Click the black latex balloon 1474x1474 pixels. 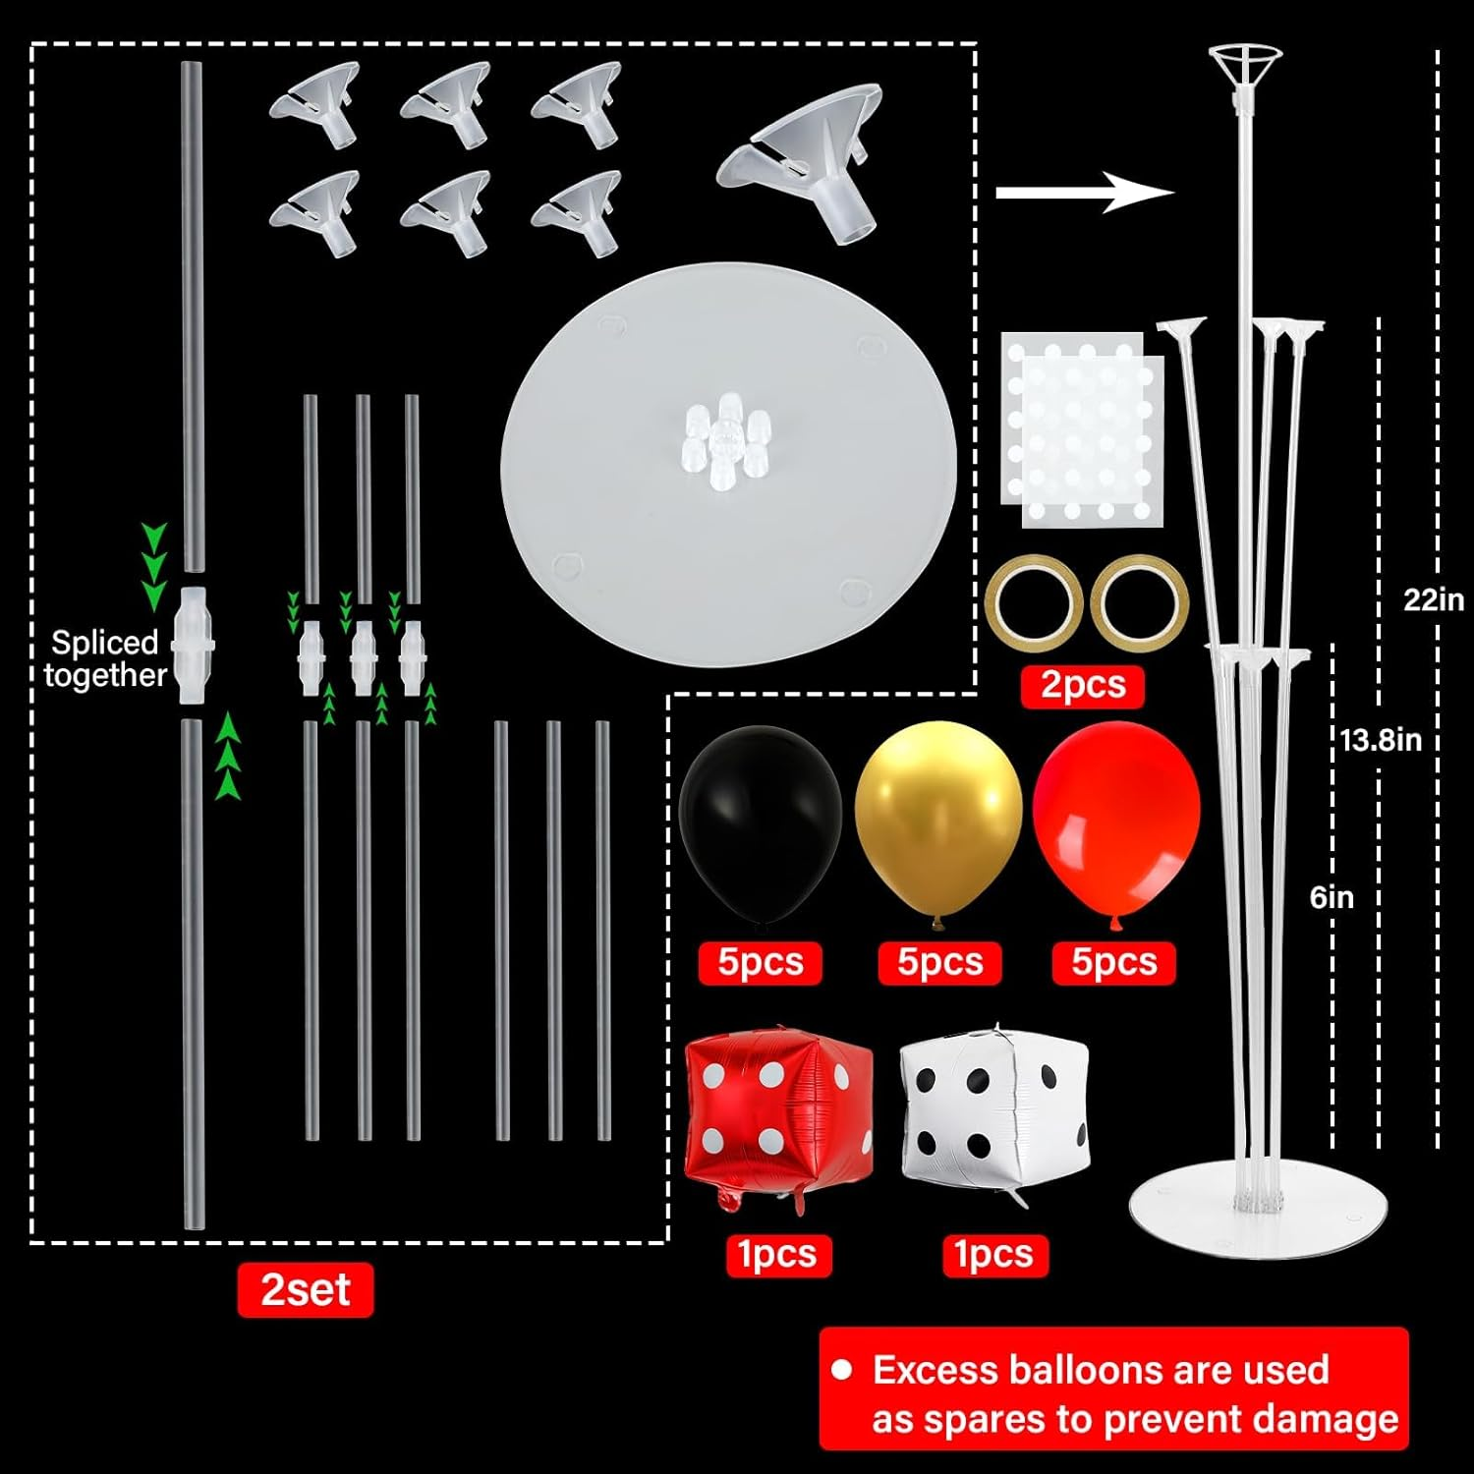760,821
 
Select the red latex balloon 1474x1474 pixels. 1116,816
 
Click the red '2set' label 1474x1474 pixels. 305,1289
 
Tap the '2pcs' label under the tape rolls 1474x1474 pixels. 1082,685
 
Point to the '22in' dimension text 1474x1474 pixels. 1433,598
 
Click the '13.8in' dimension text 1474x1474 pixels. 1380,739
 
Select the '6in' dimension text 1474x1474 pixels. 1332,897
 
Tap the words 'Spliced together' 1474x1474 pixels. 105,658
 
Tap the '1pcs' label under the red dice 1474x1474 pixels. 777,1255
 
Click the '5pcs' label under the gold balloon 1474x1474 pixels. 939,962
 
